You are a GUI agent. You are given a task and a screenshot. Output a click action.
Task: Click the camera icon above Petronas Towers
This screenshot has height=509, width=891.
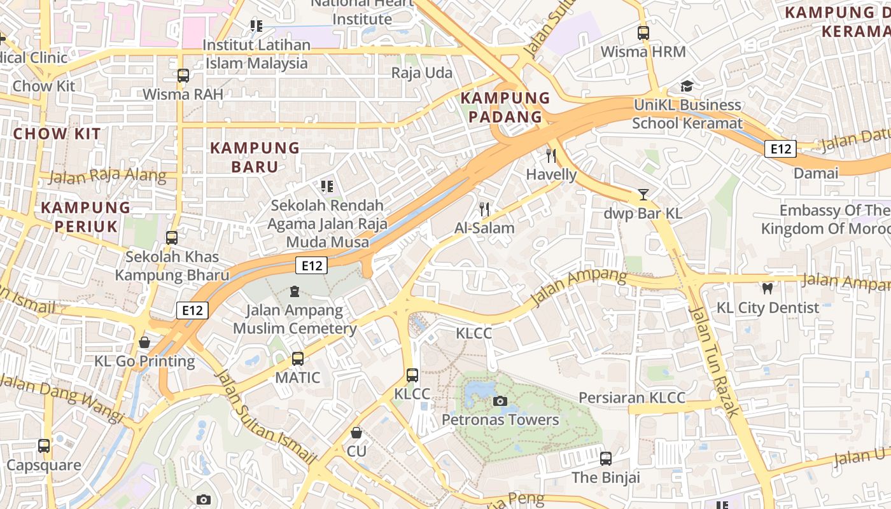(x=500, y=401)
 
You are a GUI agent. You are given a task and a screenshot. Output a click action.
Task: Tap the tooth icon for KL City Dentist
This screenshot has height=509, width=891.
(x=767, y=288)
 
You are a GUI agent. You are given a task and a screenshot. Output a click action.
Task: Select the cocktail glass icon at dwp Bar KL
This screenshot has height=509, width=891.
(x=643, y=194)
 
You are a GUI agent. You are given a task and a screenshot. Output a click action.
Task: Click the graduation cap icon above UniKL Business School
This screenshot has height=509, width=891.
(x=687, y=86)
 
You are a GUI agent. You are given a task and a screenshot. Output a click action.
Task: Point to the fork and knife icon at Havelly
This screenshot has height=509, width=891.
(x=551, y=155)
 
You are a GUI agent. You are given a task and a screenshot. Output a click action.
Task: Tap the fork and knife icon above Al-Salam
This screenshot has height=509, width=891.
(x=484, y=209)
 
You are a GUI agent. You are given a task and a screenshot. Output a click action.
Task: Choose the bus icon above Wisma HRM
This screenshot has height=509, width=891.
(x=643, y=33)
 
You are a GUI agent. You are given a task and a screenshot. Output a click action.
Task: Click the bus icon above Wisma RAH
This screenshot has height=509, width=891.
(x=183, y=76)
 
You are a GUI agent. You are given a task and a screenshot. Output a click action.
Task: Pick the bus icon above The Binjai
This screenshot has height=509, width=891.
(x=606, y=458)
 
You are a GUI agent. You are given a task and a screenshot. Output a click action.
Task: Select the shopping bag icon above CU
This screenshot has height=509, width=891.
(x=356, y=433)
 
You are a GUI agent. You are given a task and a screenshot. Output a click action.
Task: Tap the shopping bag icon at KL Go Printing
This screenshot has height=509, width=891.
(x=144, y=342)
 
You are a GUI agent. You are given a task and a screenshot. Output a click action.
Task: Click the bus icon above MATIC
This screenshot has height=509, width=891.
(x=298, y=359)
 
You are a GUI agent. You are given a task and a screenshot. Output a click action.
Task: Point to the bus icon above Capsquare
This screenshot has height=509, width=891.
(x=44, y=446)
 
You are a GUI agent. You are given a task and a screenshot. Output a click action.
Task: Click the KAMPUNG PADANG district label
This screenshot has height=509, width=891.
(x=505, y=108)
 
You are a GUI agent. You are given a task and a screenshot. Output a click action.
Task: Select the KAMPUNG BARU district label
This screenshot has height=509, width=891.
(x=255, y=157)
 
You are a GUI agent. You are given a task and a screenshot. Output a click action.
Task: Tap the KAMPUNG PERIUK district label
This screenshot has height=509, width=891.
(x=86, y=216)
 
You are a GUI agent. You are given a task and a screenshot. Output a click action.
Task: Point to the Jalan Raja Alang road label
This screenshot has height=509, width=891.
(x=107, y=176)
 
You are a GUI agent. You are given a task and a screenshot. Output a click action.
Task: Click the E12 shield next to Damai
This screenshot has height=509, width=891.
(x=780, y=149)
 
